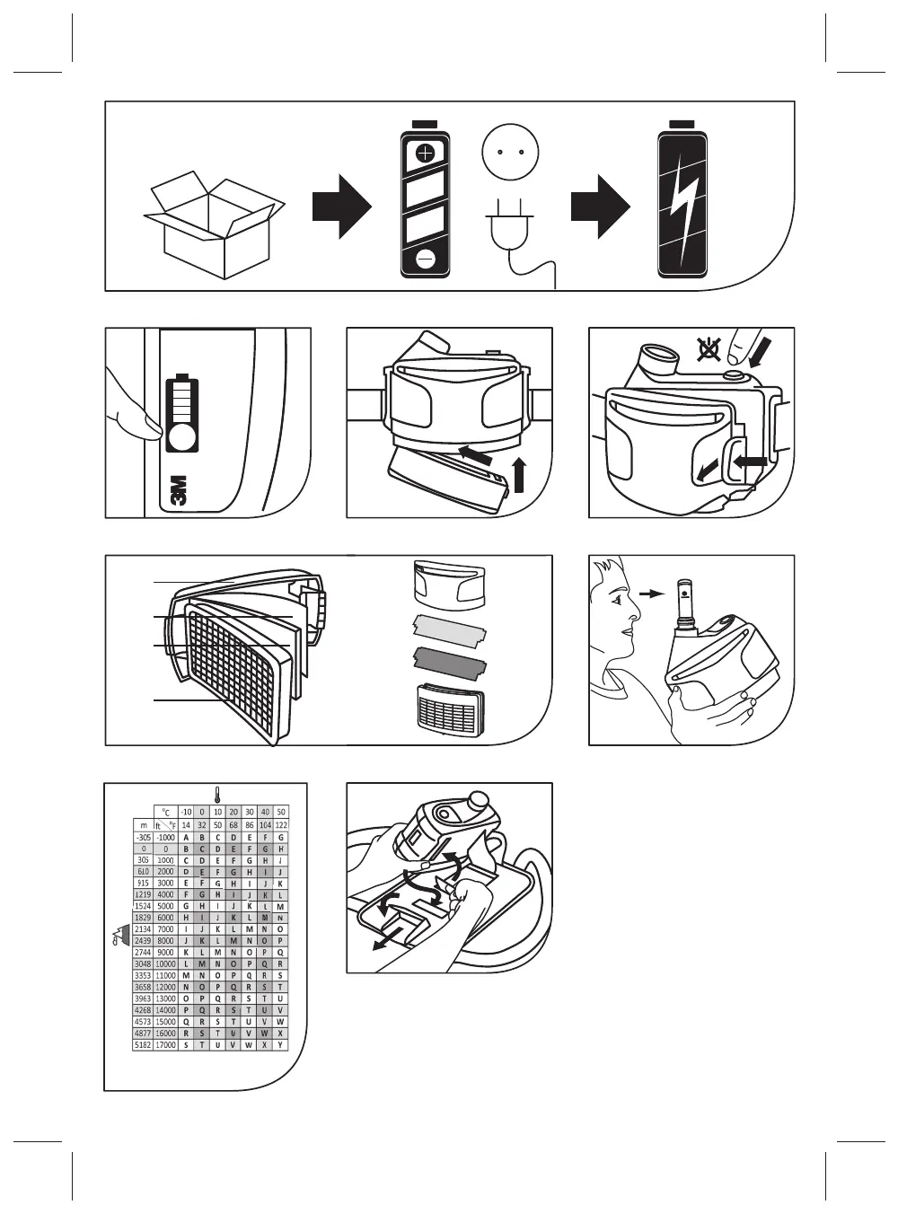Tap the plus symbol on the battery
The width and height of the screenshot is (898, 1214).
tap(426, 154)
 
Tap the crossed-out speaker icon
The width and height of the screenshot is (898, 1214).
tap(709, 348)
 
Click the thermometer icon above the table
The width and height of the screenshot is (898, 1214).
tap(216, 794)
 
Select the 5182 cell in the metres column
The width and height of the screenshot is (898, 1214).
tap(143, 1045)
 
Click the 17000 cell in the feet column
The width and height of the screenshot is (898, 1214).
tap(165, 1045)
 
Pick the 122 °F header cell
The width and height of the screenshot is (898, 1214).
tap(281, 824)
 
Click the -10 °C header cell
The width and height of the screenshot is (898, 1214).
tap(186, 812)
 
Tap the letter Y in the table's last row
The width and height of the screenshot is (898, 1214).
tap(281, 1045)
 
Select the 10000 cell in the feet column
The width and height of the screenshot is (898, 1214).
tap(165, 963)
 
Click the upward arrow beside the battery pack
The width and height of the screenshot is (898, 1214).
tap(517, 472)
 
